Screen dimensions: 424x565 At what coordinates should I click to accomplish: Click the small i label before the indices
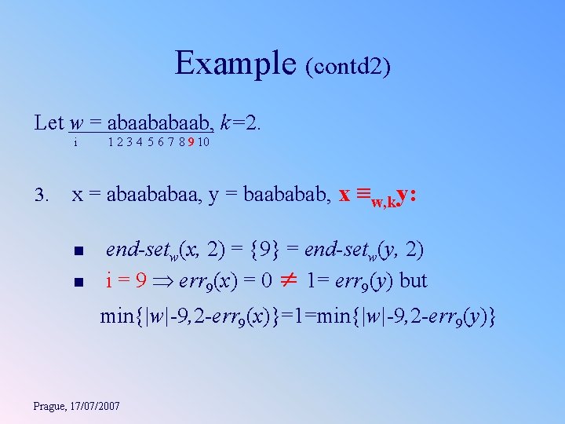(x=75, y=144)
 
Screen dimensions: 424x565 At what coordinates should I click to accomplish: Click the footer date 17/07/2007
(x=96, y=406)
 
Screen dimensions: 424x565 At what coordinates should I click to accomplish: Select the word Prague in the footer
(x=51, y=406)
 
